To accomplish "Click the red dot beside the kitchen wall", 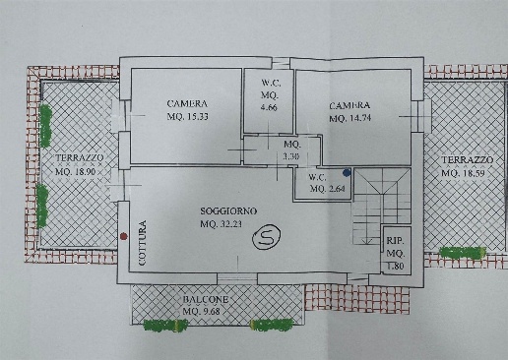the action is pyautogui.click(x=123, y=236).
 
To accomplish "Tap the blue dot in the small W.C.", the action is pyautogui.click(x=347, y=172).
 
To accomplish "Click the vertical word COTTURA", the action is pyautogui.click(x=142, y=243).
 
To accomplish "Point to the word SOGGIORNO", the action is pyautogui.click(x=228, y=211).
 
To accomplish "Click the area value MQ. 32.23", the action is pyautogui.click(x=222, y=224).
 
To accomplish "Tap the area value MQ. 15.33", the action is pyautogui.click(x=188, y=116).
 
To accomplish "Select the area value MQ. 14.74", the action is pyautogui.click(x=350, y=118).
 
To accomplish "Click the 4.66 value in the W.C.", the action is pyautogui.click(x=269, y=107).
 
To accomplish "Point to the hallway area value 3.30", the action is pyautogui.click(x=291, y=156).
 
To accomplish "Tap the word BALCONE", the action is pyautogui.click(x=206, y=299).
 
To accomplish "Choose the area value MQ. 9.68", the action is pyautogui.click(x=202, y=311).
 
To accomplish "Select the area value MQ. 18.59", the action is pyautogui.click(x=463, y=173).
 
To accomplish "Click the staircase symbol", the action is pyautogui.click(x=382, y=206).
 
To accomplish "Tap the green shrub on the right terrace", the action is pyautogui.click(x=463, y=252).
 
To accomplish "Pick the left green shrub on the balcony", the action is pyautogui.click(x=165, y=325).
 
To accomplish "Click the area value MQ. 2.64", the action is pyautogui.click(x=327, y=189).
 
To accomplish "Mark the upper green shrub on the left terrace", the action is pyautogui.click(x=45, y=126).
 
